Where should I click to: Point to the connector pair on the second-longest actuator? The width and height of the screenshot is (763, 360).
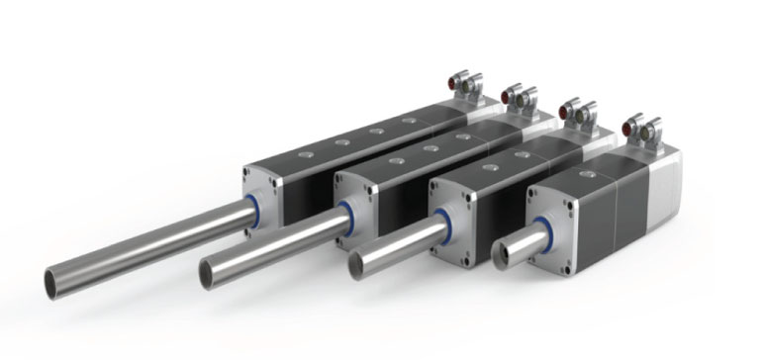click(x=519, y=96)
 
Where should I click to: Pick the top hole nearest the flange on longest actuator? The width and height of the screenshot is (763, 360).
click(x=305, y=153)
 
